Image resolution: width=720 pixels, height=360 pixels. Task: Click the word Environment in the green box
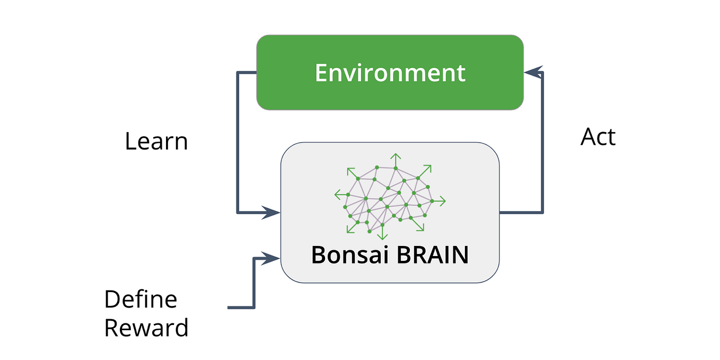point(390,73)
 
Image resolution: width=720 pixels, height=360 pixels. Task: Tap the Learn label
point(156,142)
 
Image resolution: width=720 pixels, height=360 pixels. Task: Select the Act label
point(598,137)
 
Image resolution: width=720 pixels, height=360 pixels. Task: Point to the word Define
point(141,300)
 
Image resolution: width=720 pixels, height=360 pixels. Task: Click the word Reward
point(146,328)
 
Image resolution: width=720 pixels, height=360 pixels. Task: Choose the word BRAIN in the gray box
point(433,255)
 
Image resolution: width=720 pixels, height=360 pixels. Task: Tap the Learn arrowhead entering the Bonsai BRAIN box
point(272,213)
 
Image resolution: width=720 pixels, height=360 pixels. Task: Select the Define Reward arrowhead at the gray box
point(272,259)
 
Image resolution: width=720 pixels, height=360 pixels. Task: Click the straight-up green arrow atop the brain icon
point(395,157)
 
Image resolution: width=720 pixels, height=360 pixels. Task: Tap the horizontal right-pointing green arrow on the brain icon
point(440,201)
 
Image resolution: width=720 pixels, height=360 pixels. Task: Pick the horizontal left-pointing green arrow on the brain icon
point(339,195)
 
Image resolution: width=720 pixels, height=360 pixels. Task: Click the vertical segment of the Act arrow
point(542,143)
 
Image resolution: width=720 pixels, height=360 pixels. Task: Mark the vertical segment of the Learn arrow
point(238,143)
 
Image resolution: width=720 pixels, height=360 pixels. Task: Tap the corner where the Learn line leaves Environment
point(238,73)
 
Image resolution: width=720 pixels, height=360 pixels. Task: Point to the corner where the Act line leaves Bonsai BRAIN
point(542,213)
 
